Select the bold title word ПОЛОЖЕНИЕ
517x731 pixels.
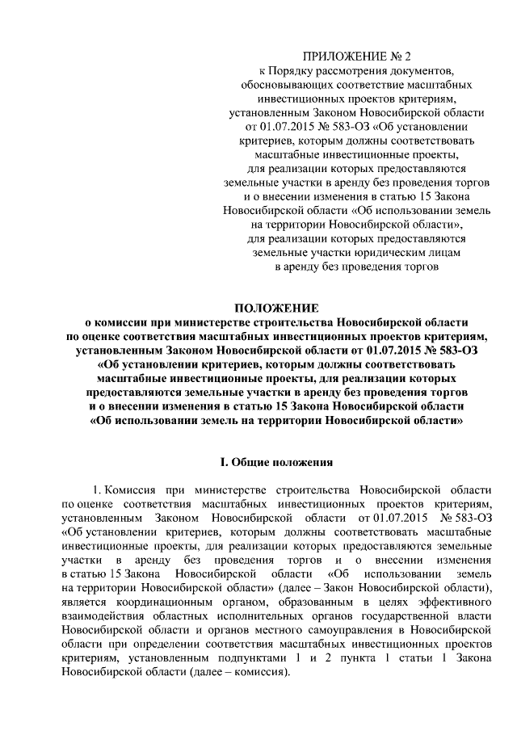point(276,308)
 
